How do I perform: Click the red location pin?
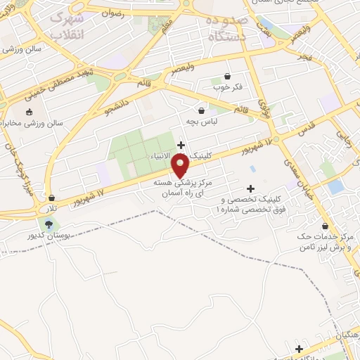click(x=181, y=166)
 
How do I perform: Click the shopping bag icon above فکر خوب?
click(x=227, y=75)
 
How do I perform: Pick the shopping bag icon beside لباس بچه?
click(x=202, y=110)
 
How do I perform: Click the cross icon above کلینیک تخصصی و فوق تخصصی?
click(x=250, y=188)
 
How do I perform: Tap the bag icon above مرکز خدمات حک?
click(x=325, y=226)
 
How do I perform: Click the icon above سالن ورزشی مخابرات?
click(x=29, y=112)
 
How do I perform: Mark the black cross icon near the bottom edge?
click(x=299, y=349)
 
